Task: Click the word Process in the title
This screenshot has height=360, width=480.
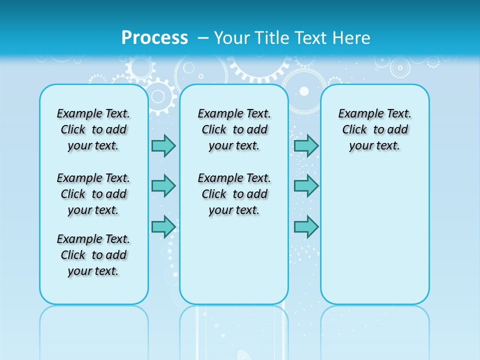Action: pyautogui.click(x=154, y=37)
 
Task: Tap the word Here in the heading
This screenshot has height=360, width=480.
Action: pyautogui.click(x=352, y=37)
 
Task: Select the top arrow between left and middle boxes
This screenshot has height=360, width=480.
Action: pyautogui.click(x=163, y=145)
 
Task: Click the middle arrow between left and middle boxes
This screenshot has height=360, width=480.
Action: pyautogui.click(x=163, y=186)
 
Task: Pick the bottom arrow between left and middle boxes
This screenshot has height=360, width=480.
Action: pyautogui.click(x=163, y=226)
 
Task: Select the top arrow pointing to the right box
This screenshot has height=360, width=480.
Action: pyautogui.click(x=306, y=145)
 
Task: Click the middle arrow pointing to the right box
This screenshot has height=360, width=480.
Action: pyautogui.click(x=306, y=186)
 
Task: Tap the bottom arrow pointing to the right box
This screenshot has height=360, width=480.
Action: pyautogui.click(x=306, y=227)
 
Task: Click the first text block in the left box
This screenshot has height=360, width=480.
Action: pyautogui.click(x=93, y=129)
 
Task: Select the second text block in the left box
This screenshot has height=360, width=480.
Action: pyautogui.click(x=93, y=194)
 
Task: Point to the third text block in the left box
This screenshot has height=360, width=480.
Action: pyautogui.click(x=93, y=255)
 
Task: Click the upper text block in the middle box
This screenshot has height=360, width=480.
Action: pyautogui.click(x=234, y=129)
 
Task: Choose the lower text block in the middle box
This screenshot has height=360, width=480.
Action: pyautogui.click(x=234, y=194)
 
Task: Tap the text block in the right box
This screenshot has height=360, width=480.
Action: pyautogui.click(x=374, y=129)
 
